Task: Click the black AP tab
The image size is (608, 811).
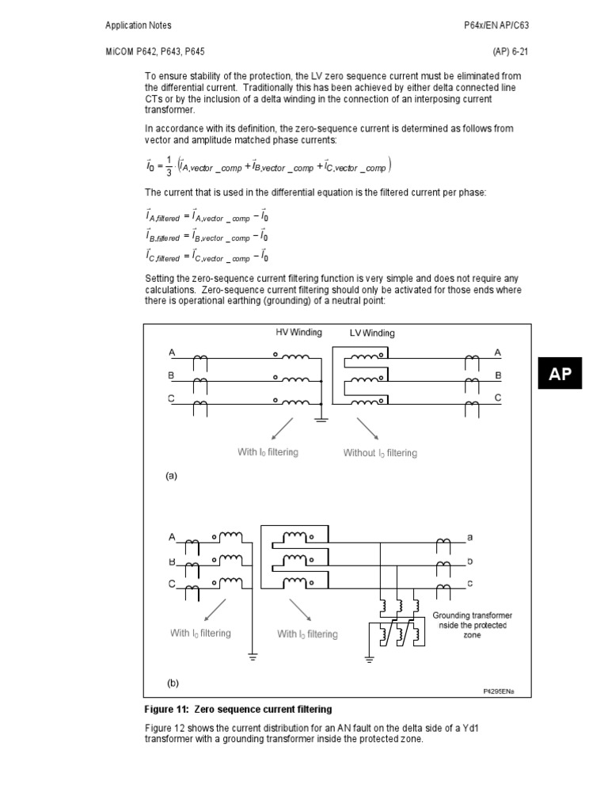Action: tap(560, 375)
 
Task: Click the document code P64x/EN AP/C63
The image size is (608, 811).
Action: tap(496, 25)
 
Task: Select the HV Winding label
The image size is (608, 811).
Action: tap(294, 333)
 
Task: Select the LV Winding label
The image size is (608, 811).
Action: tap(372, 333)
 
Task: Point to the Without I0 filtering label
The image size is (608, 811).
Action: tap(380, 453)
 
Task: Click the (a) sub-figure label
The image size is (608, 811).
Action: tap(171, 476)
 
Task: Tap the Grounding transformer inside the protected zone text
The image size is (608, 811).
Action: tap(471, 625)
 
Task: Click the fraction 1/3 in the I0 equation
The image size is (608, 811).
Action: tap(169, 166)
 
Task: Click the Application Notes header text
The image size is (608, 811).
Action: tap(139, 25)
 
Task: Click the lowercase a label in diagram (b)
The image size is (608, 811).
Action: tap(470, 537)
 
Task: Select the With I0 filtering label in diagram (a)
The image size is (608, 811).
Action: tap(268, 452)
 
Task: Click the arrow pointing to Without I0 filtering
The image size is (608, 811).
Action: tap(367, 427)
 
